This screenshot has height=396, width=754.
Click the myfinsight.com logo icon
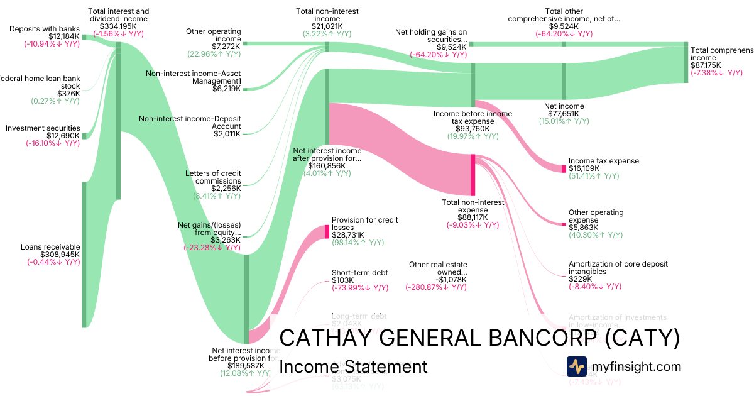pyautogui.click(x=577, y=366)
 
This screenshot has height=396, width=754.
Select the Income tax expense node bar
pyautogui.click(x=564, y=168)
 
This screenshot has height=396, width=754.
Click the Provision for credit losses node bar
pyautogui.click(x=327, y=231)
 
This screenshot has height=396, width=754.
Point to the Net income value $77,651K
pyautogui.click(x=563, y=114)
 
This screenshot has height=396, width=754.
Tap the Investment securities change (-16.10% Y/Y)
pyautogui.click(x=53, y=143)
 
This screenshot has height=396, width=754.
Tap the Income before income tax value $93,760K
pyautogui.click(x=473, y=128)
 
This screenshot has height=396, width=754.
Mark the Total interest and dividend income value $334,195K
pyautogui.click(x=119, y=26)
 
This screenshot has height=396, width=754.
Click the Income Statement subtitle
pyautogui.click(x=352, y=367)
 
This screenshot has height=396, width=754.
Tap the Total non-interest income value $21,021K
pyautogui.click(x=327, y=26)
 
